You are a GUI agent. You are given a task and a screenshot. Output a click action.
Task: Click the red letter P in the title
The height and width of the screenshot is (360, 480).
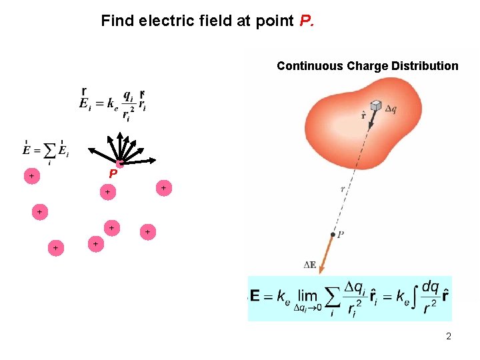[305, 21]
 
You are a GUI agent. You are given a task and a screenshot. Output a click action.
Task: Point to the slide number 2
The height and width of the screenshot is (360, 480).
[449, 336]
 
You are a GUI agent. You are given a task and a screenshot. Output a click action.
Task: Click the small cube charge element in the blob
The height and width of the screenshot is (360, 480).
[377, 106]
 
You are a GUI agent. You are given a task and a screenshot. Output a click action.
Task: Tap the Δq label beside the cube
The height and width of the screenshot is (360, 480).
[391, 110]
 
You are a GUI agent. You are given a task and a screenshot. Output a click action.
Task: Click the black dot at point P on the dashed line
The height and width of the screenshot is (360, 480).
[333, 234]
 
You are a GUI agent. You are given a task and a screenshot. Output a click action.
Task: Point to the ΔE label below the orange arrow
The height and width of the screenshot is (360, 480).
[310, 265]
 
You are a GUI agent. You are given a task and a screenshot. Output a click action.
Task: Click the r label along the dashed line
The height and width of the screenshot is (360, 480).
[343, 189]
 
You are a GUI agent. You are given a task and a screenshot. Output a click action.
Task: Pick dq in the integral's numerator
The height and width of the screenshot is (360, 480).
[430, 287]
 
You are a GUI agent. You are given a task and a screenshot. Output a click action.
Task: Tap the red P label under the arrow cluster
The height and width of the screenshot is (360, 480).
[113, 173]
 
